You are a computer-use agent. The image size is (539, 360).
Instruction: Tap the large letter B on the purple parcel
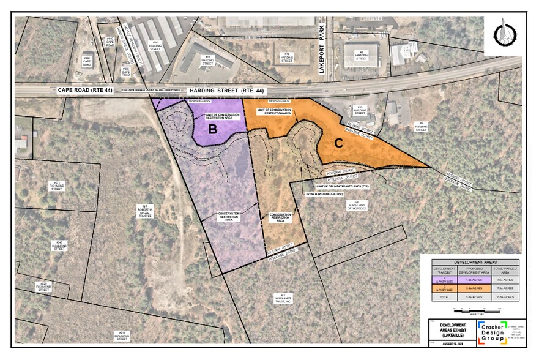pyautogui.click(x=213, y=129)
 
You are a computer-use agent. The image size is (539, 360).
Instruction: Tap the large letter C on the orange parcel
pyautogui.click(x=338, y=144)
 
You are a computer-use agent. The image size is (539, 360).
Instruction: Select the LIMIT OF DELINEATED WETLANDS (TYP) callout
pyautogui.click(x=343, y=185)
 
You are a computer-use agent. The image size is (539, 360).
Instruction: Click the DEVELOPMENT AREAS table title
pyautogui.click(x=470, y=261)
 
